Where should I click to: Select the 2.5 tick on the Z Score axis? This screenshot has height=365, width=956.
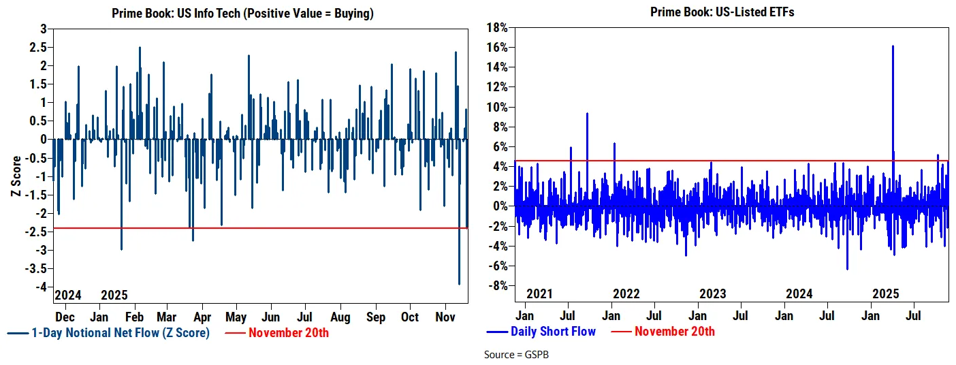40,47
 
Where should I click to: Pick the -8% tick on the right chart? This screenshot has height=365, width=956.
498,285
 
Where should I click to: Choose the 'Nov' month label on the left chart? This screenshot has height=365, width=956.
445,317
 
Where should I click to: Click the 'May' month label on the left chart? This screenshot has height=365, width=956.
236,317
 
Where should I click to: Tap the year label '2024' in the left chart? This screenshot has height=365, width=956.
67,296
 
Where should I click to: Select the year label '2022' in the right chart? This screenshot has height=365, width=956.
626,294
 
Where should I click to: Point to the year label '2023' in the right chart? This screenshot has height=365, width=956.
712,294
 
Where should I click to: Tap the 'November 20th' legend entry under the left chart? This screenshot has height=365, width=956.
289,333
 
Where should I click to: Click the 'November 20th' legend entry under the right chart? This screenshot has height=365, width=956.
675,332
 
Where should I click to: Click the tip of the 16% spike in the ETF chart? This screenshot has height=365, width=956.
892,46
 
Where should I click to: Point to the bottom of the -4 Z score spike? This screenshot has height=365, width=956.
459,284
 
